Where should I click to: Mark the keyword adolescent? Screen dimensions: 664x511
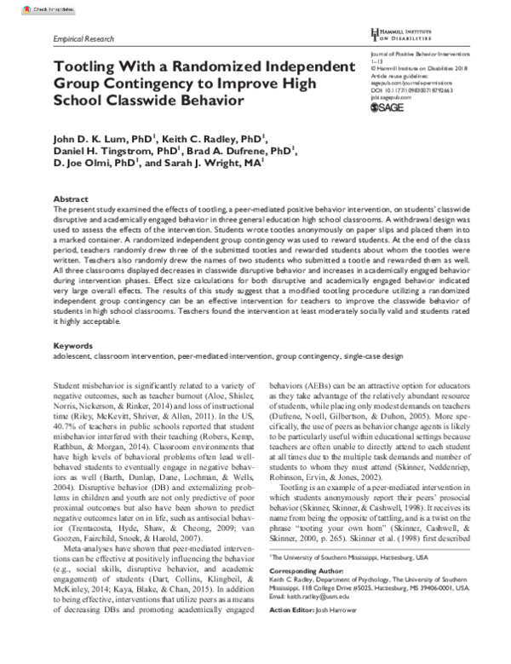click(72, 358)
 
